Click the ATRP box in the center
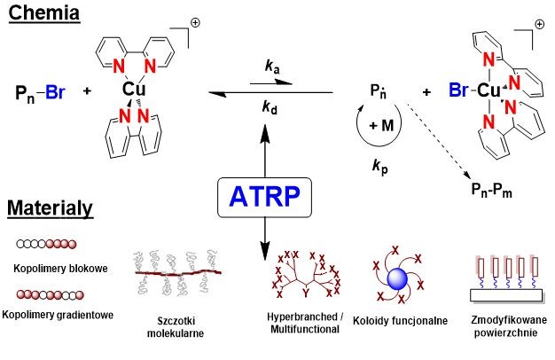pos(265,198)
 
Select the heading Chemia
pos(43,15)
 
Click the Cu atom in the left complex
pos(135,90)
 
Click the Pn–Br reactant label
pos(39,91)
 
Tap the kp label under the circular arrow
pos(381,166)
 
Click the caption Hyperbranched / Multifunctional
pos(303,322)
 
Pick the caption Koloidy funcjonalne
pos(400,321)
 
